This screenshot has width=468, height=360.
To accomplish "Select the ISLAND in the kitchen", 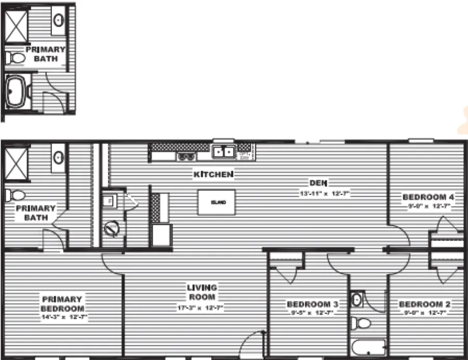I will pos(216,202).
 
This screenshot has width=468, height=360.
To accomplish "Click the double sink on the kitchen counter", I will pos(224,152).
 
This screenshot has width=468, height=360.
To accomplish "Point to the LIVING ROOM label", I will pos(202,292).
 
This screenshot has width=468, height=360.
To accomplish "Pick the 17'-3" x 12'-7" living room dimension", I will pos(200,307).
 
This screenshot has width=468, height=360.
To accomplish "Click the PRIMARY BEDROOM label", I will pos(62,303).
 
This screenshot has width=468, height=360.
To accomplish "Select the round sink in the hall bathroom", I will pos(356,300).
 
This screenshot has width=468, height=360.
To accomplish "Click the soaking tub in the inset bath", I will pos(16,92).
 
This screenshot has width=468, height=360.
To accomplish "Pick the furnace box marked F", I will pos(109,200).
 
